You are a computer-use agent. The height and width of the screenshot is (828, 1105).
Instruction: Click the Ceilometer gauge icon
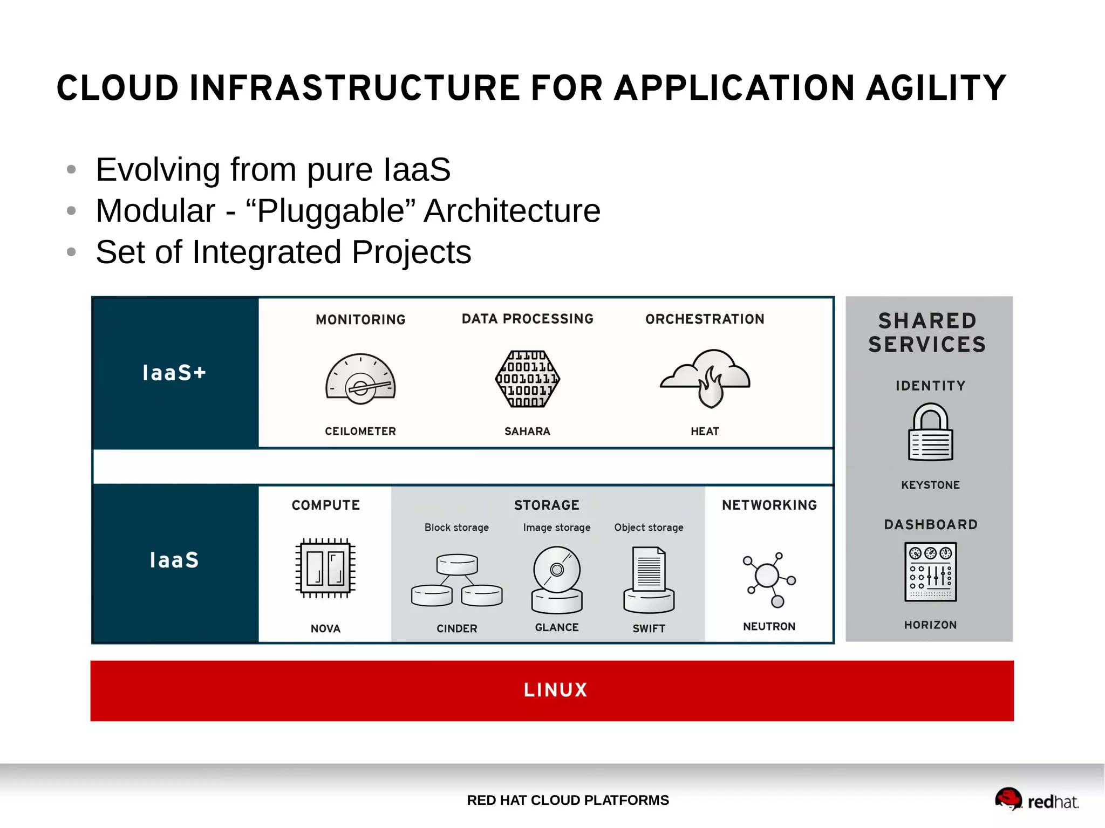point(360,379)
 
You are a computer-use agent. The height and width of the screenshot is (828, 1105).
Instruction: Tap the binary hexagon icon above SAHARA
point(527,379)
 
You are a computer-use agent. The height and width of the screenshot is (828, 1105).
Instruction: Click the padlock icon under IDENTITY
point(930,432)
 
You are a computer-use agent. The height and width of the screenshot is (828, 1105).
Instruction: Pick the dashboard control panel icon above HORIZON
point(930,572)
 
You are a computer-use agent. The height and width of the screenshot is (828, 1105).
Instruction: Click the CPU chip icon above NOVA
point(325,568)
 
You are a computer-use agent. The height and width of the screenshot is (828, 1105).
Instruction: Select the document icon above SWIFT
point(649,580)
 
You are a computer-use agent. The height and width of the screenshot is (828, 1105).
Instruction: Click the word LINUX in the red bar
point(555,690)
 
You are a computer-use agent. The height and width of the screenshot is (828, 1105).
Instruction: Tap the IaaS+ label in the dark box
point(174,373)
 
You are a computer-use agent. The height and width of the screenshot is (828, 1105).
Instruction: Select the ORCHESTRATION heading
point(705,319)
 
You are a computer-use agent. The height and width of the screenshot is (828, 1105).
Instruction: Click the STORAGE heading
point(547,505)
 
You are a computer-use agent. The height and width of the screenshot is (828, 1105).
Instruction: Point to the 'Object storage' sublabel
point(649,527)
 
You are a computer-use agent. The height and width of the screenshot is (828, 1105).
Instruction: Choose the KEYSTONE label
point(930,485)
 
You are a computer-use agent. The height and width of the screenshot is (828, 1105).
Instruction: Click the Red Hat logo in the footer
point(1036,800)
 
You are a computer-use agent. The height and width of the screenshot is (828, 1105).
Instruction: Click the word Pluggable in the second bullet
point(331,210)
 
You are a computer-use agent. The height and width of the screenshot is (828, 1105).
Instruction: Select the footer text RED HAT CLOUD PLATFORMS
point(568,800)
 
